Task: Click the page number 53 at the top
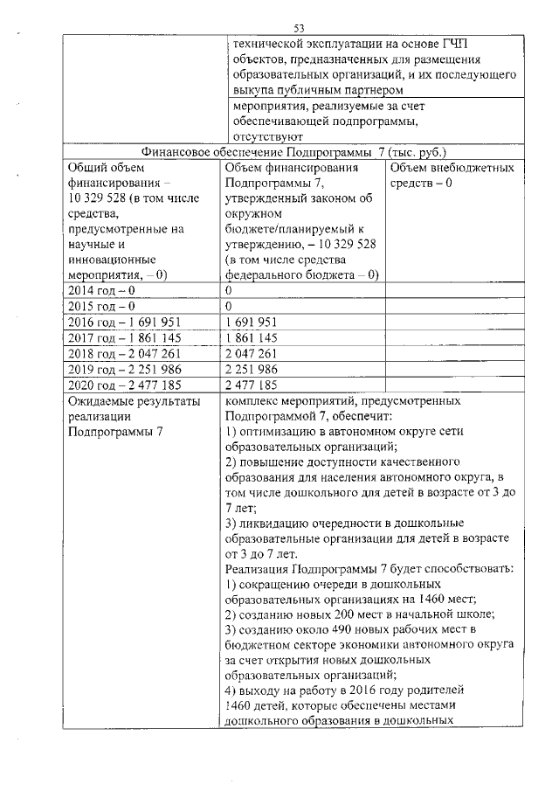[299, 29]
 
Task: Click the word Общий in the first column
[88, 166]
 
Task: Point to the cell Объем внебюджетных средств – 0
[452, 175]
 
